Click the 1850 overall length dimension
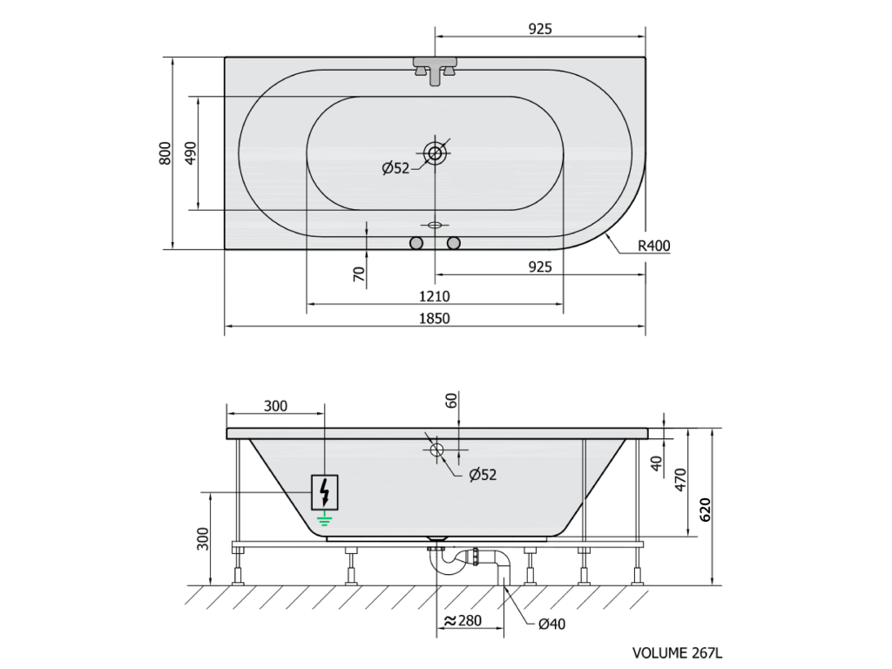tap(435, 318)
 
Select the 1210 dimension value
tap(435, 296)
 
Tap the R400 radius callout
tap(654, 246)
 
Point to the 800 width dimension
tap(165, 153)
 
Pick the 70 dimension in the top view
tap(359, 274)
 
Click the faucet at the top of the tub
tap(436, 70)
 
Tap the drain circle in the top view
tap(436, 153)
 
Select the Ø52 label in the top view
tap(396, 168)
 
